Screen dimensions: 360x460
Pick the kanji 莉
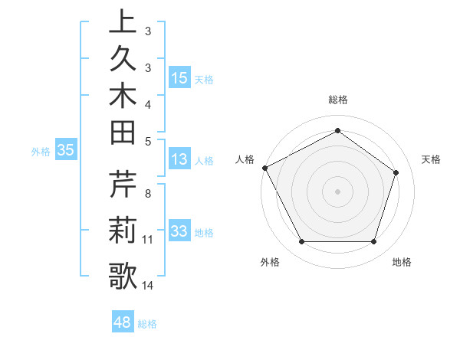123,231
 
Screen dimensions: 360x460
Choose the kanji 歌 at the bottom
123,276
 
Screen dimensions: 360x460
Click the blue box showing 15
179,78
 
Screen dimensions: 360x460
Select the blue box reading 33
179,231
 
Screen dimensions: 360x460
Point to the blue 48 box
122,322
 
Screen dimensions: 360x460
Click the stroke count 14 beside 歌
147,286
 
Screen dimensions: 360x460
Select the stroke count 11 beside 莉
147,240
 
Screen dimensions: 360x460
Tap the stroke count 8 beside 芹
147,194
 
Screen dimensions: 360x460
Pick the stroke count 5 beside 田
147,140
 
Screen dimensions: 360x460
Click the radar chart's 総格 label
337,100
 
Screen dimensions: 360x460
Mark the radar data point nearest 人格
264,168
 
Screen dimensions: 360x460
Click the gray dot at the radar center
337,191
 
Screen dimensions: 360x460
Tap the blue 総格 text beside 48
147,324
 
